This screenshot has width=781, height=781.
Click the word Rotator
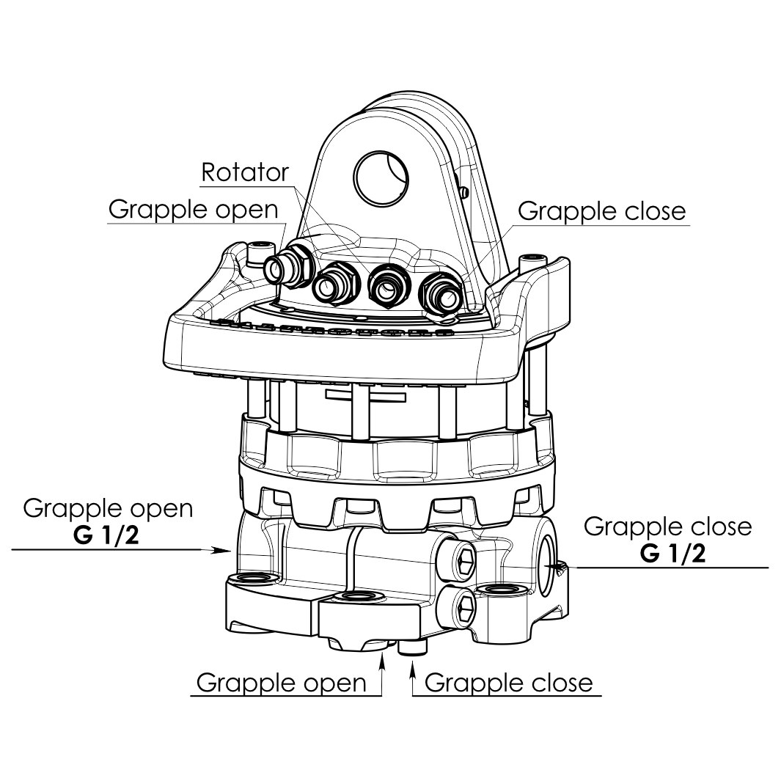click(245, 172)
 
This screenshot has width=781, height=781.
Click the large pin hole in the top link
click(381, 176)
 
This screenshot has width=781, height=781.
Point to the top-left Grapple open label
click(194, 210)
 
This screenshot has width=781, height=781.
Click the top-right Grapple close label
click(601, 211)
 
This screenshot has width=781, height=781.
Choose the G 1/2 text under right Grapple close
click(672, 553)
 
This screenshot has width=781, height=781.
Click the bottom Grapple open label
click(281, 683)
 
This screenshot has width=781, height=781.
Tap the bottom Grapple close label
click(508, 683)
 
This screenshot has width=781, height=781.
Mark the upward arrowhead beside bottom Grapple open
click(381, 662)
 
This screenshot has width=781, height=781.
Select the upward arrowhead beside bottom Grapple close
click(412, 665)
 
